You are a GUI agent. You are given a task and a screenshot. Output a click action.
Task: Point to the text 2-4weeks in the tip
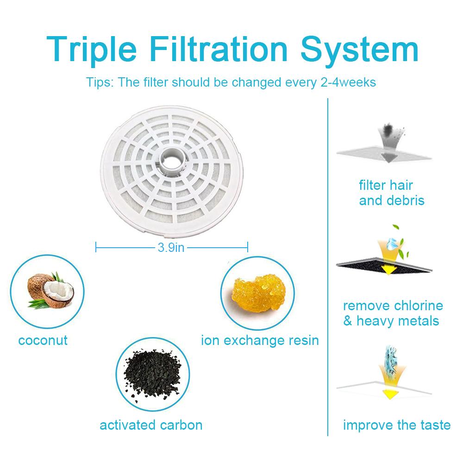tap(348, 82)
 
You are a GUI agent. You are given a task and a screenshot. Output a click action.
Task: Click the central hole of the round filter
tap(171, 161)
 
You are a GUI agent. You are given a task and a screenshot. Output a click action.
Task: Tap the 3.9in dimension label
tap(171, 247)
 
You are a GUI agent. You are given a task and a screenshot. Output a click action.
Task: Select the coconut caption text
tap(43, 340)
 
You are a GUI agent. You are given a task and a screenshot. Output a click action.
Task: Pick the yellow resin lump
tap(259, 292)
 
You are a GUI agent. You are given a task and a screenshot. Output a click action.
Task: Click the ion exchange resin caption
tap(260, 340)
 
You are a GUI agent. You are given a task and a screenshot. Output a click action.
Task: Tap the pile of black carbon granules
tap(152, 374)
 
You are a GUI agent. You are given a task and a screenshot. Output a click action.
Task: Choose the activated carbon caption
tap(151, 425)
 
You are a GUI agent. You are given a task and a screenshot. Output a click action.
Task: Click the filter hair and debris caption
tap(392, 193)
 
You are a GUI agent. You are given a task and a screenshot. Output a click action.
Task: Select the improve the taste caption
tap(397, 425)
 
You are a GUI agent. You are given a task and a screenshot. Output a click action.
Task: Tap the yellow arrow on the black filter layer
tap(388, 260)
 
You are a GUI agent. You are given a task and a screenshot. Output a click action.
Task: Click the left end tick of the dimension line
tap(96, 247)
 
